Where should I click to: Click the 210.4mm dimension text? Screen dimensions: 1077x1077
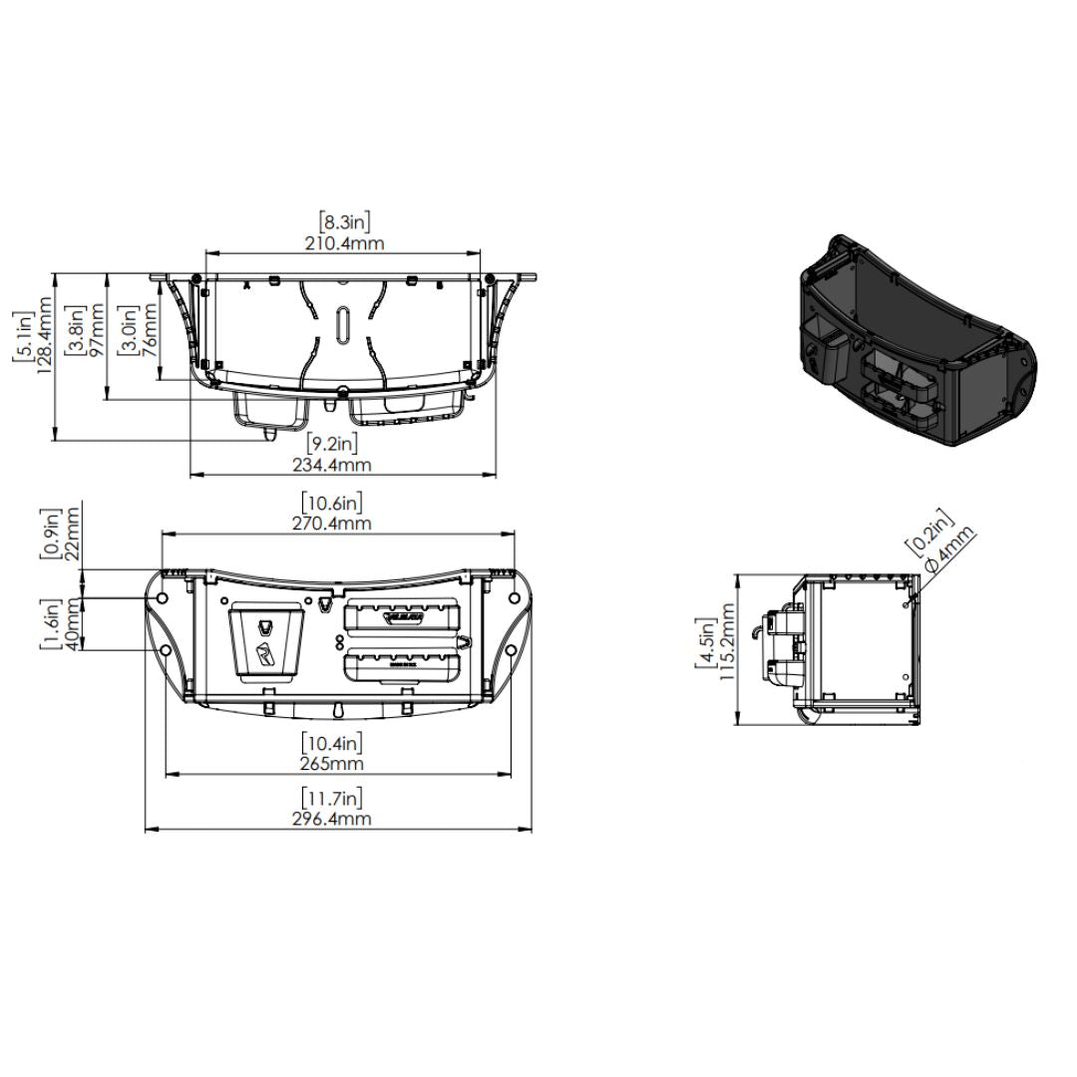343,243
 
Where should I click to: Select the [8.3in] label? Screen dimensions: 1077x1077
345,221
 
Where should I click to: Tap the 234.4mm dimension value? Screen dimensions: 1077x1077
331,465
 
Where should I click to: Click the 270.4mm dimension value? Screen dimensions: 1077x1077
331,524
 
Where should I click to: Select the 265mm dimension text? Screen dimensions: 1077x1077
332,764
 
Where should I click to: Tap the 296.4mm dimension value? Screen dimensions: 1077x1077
331,819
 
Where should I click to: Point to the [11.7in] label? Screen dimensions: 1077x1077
332,798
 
